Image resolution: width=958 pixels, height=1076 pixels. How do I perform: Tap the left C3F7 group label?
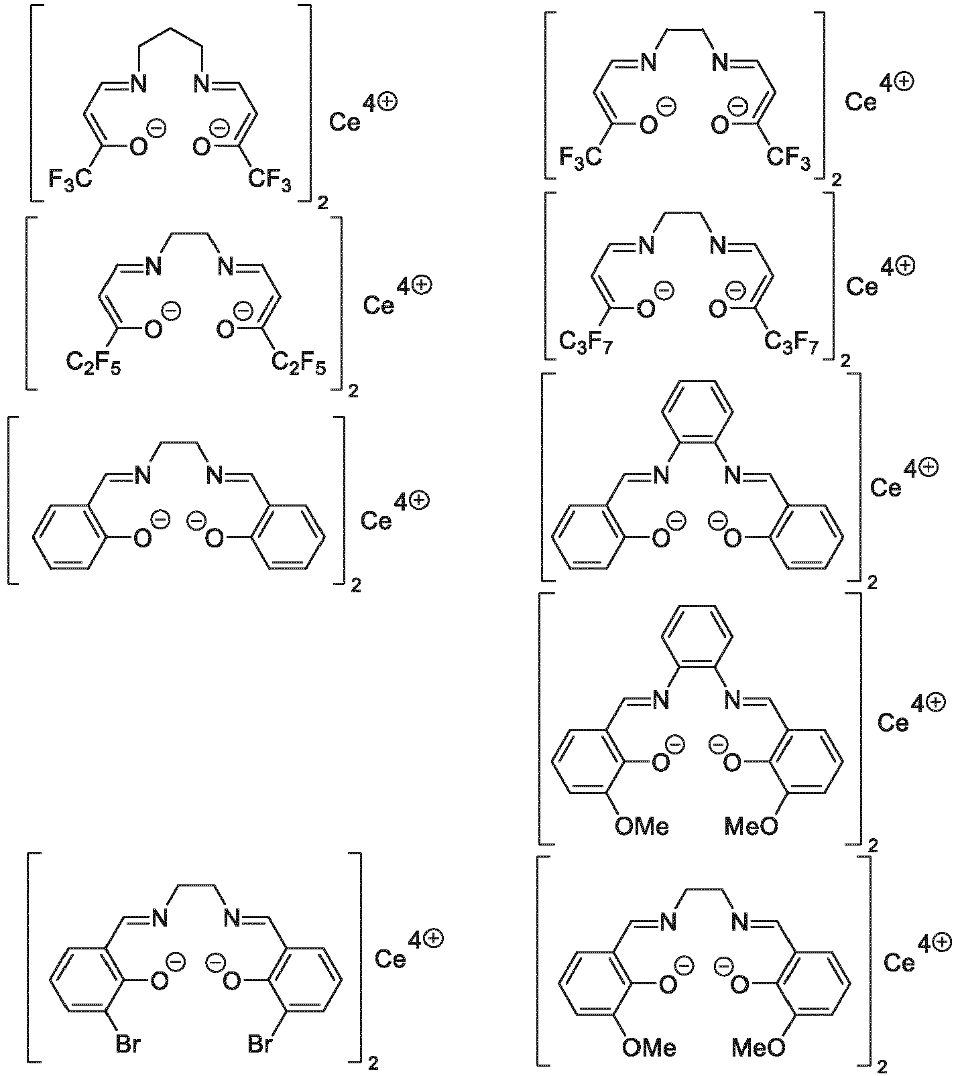click(x=587, y=343)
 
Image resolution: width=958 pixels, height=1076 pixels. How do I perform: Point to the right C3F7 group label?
click(x=792, y=343)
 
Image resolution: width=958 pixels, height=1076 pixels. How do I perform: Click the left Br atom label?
click(x=128, y=1044)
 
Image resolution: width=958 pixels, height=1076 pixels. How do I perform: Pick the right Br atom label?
click(x=261, y=1044)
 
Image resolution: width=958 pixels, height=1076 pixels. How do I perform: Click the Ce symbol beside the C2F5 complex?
click(x=379, y=305)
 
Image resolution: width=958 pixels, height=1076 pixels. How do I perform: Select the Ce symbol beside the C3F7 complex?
click(x=861, y=286)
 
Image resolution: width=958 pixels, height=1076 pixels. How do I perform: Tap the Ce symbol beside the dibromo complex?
click(x=390, y=959)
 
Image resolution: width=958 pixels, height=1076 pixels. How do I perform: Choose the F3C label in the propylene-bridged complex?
click(x=70, y=178)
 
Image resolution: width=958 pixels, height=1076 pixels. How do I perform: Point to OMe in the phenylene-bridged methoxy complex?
click(x=642, y=826)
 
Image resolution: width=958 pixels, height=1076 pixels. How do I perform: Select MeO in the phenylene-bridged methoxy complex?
click(x=752, y=826)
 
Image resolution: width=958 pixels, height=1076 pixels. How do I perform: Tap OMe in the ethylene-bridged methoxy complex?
click(x=649, y=1047)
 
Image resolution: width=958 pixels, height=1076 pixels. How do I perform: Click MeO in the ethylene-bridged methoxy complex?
click(x=758, y=1047)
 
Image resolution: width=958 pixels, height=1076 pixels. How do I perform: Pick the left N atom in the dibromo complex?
click(x=160, y=918)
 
